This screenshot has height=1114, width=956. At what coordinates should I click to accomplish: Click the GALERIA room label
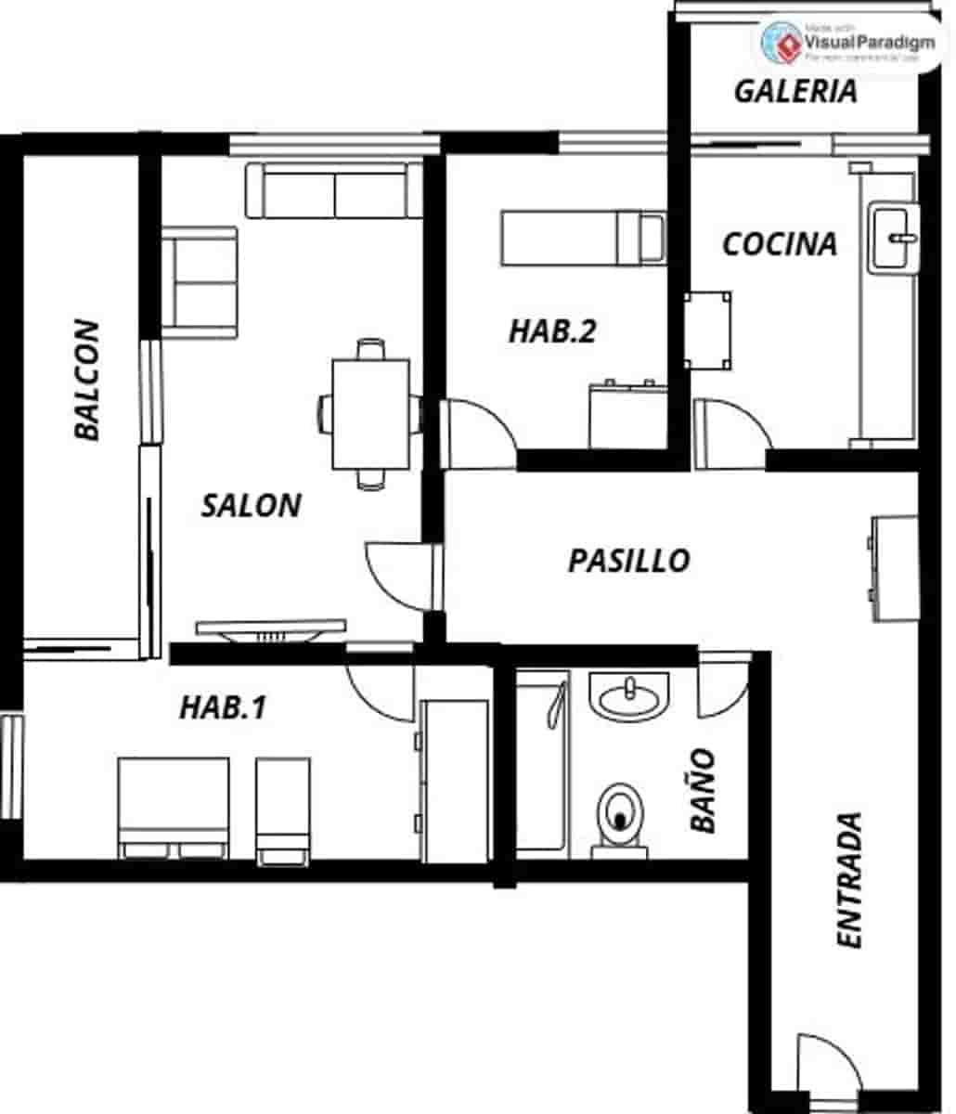(795, 91)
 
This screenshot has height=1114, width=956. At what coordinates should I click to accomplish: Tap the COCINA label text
(780, 244)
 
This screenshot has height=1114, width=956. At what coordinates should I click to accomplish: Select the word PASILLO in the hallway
(628, 561)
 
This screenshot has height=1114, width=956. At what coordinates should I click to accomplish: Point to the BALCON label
(87, 381)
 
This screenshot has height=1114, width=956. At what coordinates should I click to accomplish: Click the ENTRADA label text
(849, 880)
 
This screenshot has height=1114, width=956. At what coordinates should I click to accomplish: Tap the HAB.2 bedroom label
(551, 331)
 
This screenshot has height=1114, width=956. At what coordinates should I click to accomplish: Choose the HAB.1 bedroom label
(223, 707)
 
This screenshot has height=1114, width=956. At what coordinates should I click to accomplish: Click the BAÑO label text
(703, 790)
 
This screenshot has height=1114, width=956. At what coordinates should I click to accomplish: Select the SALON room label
(251, 505)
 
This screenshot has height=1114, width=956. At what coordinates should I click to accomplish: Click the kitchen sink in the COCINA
(893, 239)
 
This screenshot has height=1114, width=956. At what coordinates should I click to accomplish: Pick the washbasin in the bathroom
(628, 696)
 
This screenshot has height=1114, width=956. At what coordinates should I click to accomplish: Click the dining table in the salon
(370, 414)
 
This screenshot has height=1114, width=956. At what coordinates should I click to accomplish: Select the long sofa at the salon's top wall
(334, 190)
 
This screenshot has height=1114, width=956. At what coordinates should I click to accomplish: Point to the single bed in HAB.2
(582, 237)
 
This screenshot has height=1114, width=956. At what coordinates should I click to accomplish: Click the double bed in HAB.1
(174, 806)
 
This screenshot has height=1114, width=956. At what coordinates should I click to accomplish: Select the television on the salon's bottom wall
(270, 631)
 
